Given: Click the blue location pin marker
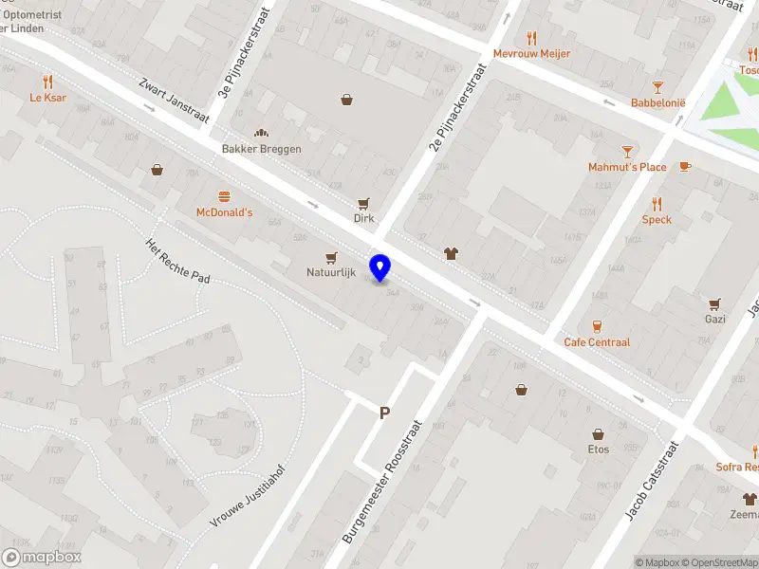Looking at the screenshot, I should click(380, 267).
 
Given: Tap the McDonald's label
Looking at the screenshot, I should click(224, 212).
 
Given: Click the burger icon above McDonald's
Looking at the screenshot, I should click(224, 196).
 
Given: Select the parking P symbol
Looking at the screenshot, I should click(384, 413).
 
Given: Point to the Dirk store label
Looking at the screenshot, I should click(363, 218).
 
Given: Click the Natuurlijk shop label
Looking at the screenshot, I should click(331, 272).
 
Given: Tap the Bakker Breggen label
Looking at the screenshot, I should click(261, 149).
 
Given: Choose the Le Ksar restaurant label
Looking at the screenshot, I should click(47, 97).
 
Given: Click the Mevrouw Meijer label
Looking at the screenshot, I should click(531, 54).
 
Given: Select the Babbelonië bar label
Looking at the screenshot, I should click(658, 102).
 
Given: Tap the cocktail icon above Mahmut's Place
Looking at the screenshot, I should click(626, 151).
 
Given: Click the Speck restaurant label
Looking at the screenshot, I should click(657, 219).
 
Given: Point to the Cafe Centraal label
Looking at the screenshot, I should click(597, 342).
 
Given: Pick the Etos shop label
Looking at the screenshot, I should click(598, 449).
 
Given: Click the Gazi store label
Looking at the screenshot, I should click(714, 320).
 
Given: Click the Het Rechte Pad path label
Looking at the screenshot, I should click(176, 260).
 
